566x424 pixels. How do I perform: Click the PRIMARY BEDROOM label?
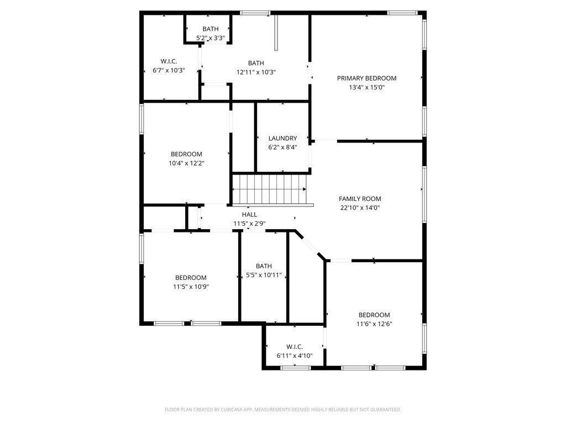pos(366,78)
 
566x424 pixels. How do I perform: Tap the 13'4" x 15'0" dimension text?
pos(366,87)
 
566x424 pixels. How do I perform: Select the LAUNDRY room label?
pos(282,139)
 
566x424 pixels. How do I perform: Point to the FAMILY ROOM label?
pos(360,199)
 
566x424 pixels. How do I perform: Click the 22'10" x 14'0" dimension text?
pos(360,208)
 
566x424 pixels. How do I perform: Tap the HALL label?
pos(249,214)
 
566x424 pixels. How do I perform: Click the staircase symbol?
pos(269,189)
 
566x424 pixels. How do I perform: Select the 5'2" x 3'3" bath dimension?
pos(210,38)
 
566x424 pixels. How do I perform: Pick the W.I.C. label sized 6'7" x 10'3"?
pos(168,61)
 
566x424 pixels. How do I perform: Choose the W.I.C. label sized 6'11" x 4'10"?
pos(294,347)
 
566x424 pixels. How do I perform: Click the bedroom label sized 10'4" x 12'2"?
pos(186,154)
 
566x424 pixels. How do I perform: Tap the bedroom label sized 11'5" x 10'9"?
pos(191,278)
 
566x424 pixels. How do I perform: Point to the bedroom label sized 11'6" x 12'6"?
pos(374,315)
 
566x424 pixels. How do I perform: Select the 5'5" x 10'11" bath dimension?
pos(264,275)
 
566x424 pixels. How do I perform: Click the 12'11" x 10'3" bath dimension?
pos(256,72)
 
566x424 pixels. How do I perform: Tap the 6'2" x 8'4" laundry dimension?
pos(282,147)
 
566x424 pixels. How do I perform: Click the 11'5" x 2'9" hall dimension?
pos(249,224)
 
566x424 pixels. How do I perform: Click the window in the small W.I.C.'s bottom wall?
pos(295,367)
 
